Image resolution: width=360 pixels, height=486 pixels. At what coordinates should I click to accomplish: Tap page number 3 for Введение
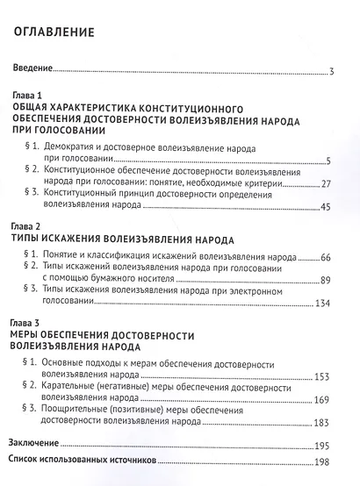click(x=330, y=73)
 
